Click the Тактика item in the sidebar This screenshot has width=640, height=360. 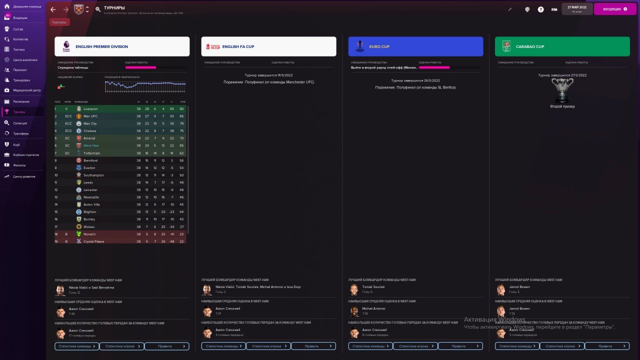point(18,49)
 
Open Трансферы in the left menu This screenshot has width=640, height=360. point(20,133)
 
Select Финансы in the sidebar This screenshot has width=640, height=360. point(19,165)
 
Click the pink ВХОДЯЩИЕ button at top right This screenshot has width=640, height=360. point(614,9)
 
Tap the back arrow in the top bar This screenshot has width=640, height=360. point(53,9)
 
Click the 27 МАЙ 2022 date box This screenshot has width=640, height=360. point(576,9)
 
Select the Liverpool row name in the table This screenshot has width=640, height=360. point(90,109)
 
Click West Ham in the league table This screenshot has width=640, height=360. point(91,145)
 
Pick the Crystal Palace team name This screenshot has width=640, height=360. point(94,241)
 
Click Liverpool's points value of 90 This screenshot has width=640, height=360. point(182,109)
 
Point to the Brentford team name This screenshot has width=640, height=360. point(90,160)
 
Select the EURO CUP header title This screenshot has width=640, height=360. point(379,46)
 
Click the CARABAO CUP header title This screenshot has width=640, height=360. point(529,46)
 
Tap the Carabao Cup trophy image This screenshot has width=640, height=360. point(562,90)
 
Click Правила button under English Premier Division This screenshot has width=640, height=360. point(167,346)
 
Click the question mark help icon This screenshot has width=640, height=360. point(540,9)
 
